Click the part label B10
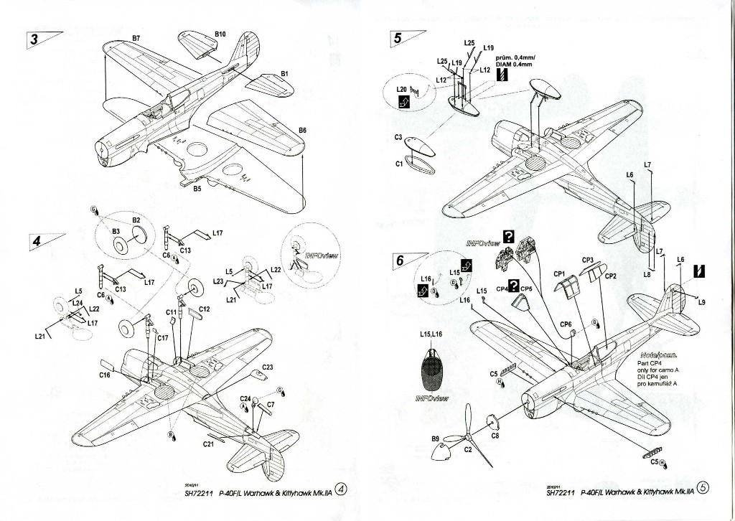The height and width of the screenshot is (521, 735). [x=220, y=34]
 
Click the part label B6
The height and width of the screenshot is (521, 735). [x=302, y=131]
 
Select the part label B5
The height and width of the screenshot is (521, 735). [x=197, y=191]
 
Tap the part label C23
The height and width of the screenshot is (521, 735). [x=267, y=367]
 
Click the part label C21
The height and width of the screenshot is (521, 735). [x=209, y=444]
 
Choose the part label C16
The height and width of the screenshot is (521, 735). [x=104, y=375]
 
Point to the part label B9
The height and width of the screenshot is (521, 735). [x=436, y=438]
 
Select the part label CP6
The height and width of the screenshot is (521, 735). [x=566, y=324]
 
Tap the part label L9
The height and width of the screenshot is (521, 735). [x=702, y=302]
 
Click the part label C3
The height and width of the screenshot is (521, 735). [x=398, y=137]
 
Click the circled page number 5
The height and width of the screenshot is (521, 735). [x=703, y=488]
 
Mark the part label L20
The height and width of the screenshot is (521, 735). [x=402, y=90]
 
